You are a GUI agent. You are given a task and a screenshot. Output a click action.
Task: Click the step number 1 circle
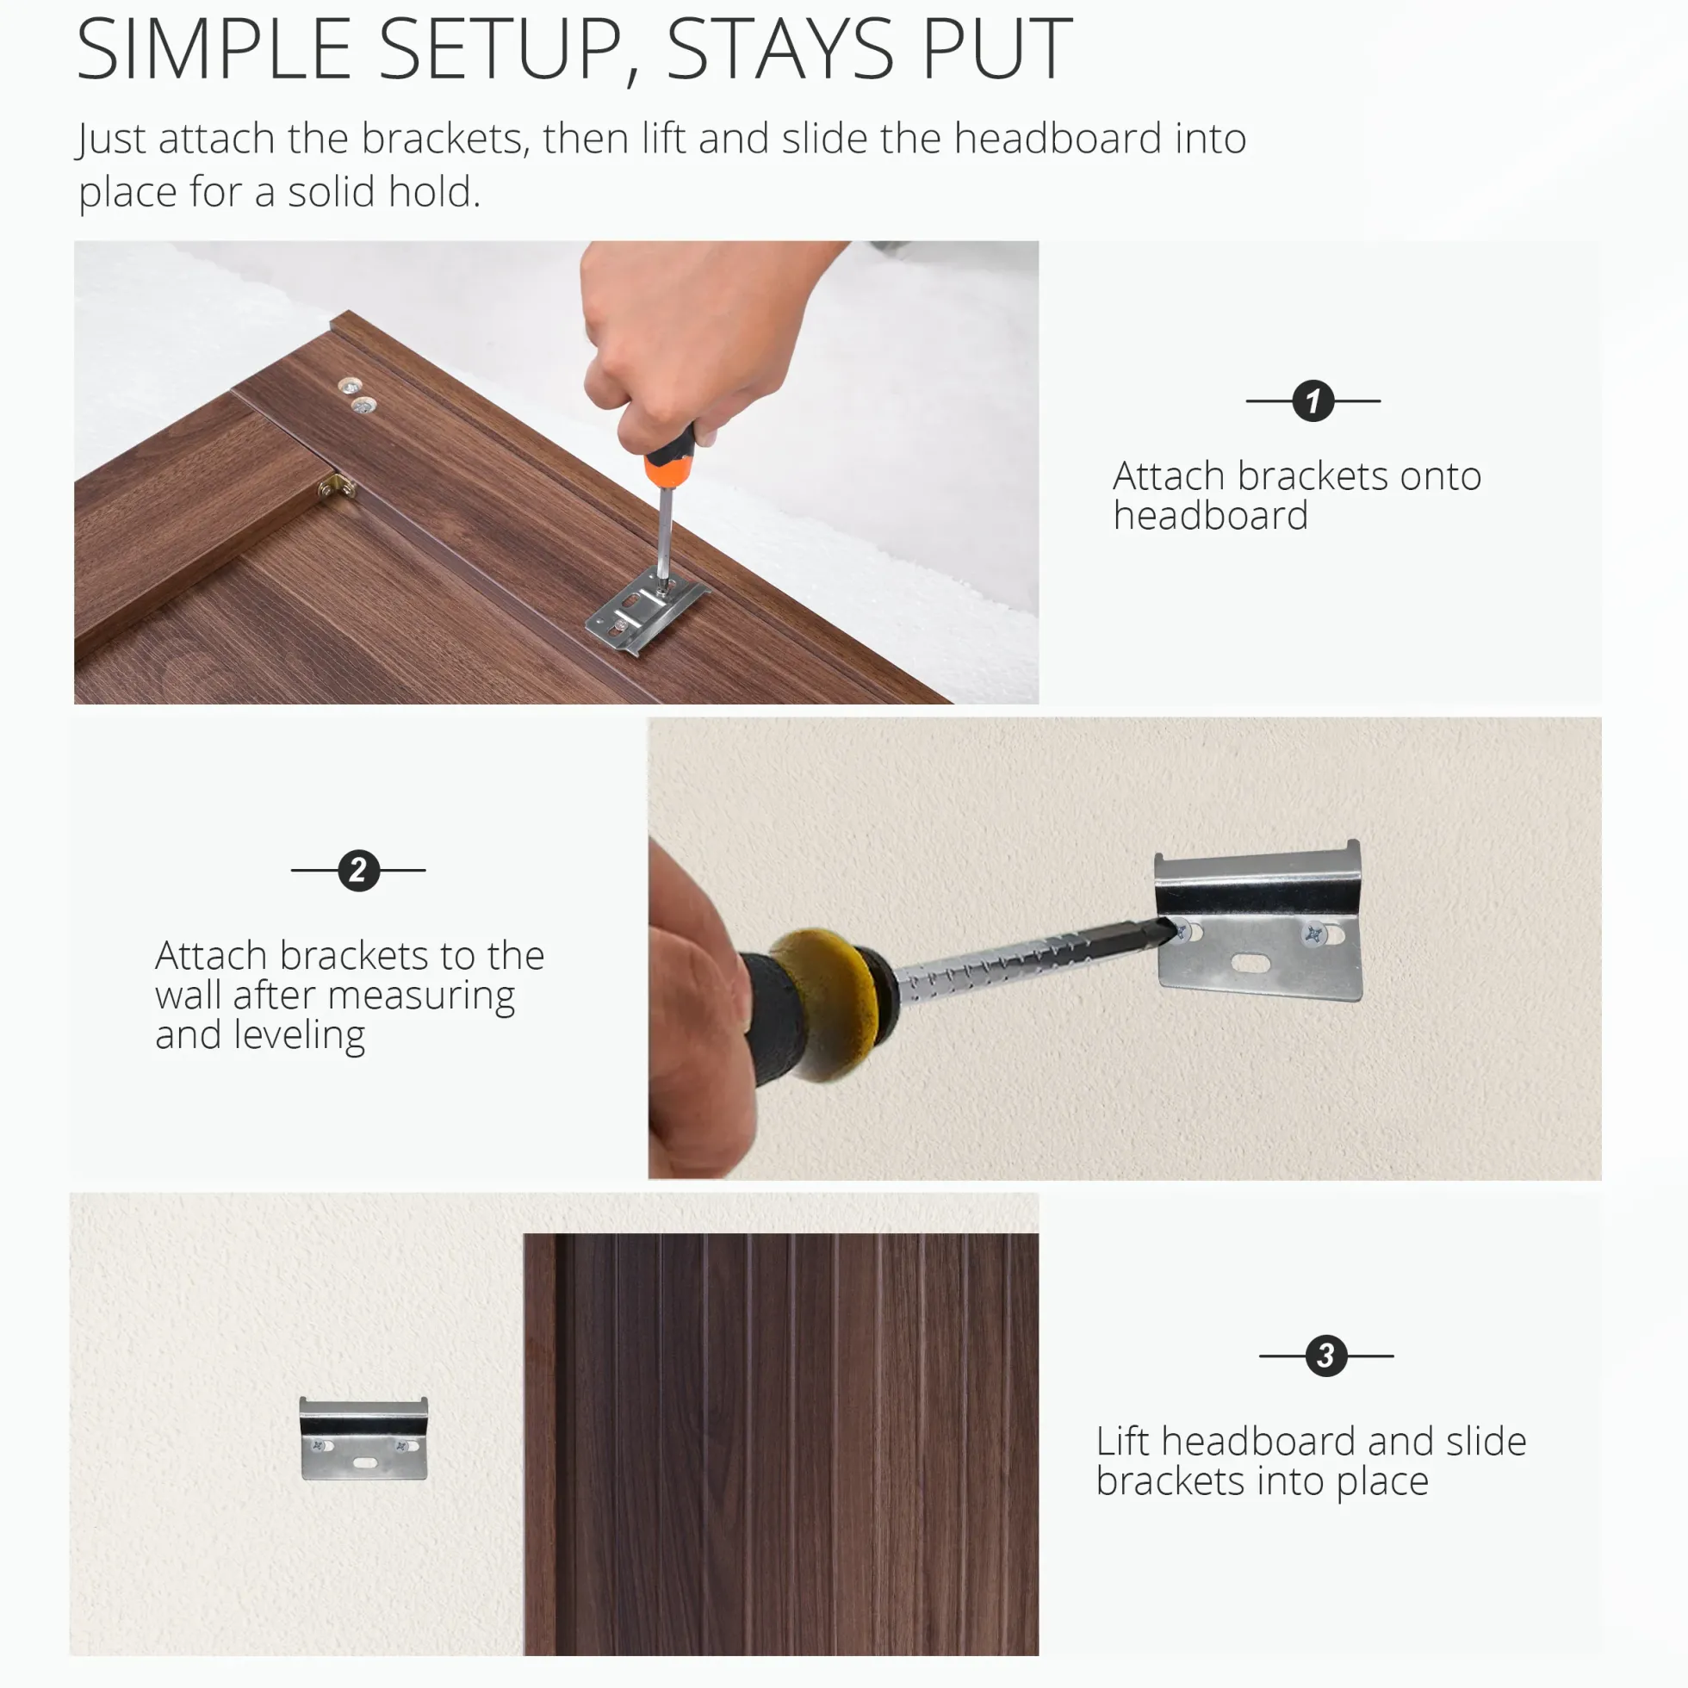tap(1313, 401)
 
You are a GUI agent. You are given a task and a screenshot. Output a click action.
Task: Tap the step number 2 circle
tap(358, 870)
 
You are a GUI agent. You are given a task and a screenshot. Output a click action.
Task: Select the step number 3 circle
tap(1325, 1356)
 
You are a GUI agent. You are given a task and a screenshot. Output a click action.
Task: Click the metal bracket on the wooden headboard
tap(647, 609)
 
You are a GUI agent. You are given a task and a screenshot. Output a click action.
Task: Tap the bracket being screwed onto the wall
tap(1258, 921)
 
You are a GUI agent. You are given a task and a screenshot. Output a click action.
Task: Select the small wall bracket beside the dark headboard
tap(363, 1438)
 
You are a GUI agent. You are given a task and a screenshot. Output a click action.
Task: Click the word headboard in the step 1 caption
tap(1210, 516)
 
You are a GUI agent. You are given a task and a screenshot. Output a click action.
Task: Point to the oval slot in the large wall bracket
tap(1250, 964)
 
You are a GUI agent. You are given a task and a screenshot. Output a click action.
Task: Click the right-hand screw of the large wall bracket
tap(1313, 935)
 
